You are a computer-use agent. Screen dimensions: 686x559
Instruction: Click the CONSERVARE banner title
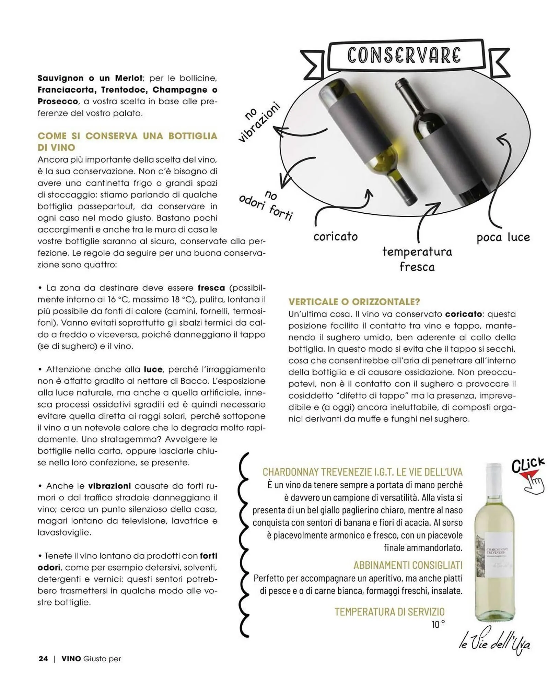click(404, 56)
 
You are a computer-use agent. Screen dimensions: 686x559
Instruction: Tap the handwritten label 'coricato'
click(335, 237)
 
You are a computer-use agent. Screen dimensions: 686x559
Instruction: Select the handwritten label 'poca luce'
click(503, 237)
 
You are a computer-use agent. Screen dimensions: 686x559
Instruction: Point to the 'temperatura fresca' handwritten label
click(417, 259)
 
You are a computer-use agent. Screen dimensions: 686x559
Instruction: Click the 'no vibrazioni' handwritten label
click(259, 122)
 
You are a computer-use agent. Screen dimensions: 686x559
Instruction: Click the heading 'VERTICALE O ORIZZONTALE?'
click(354, 302)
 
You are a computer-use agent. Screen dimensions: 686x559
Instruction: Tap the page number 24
click(43, 659)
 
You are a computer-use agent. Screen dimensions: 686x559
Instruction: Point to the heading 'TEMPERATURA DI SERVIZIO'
click(389, 612)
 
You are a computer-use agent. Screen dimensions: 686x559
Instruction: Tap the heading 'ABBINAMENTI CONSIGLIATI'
click(408, 565)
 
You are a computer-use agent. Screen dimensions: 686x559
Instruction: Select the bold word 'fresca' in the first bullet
click(211, 288)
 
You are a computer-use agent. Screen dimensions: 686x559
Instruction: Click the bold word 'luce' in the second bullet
click(153, 369)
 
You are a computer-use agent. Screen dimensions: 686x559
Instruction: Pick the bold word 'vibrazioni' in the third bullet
click(109, 486)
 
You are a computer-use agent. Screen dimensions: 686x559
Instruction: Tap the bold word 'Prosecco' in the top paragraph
click(58, 102)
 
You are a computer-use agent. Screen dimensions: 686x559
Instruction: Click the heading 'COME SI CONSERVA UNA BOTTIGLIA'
click(127, 136)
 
